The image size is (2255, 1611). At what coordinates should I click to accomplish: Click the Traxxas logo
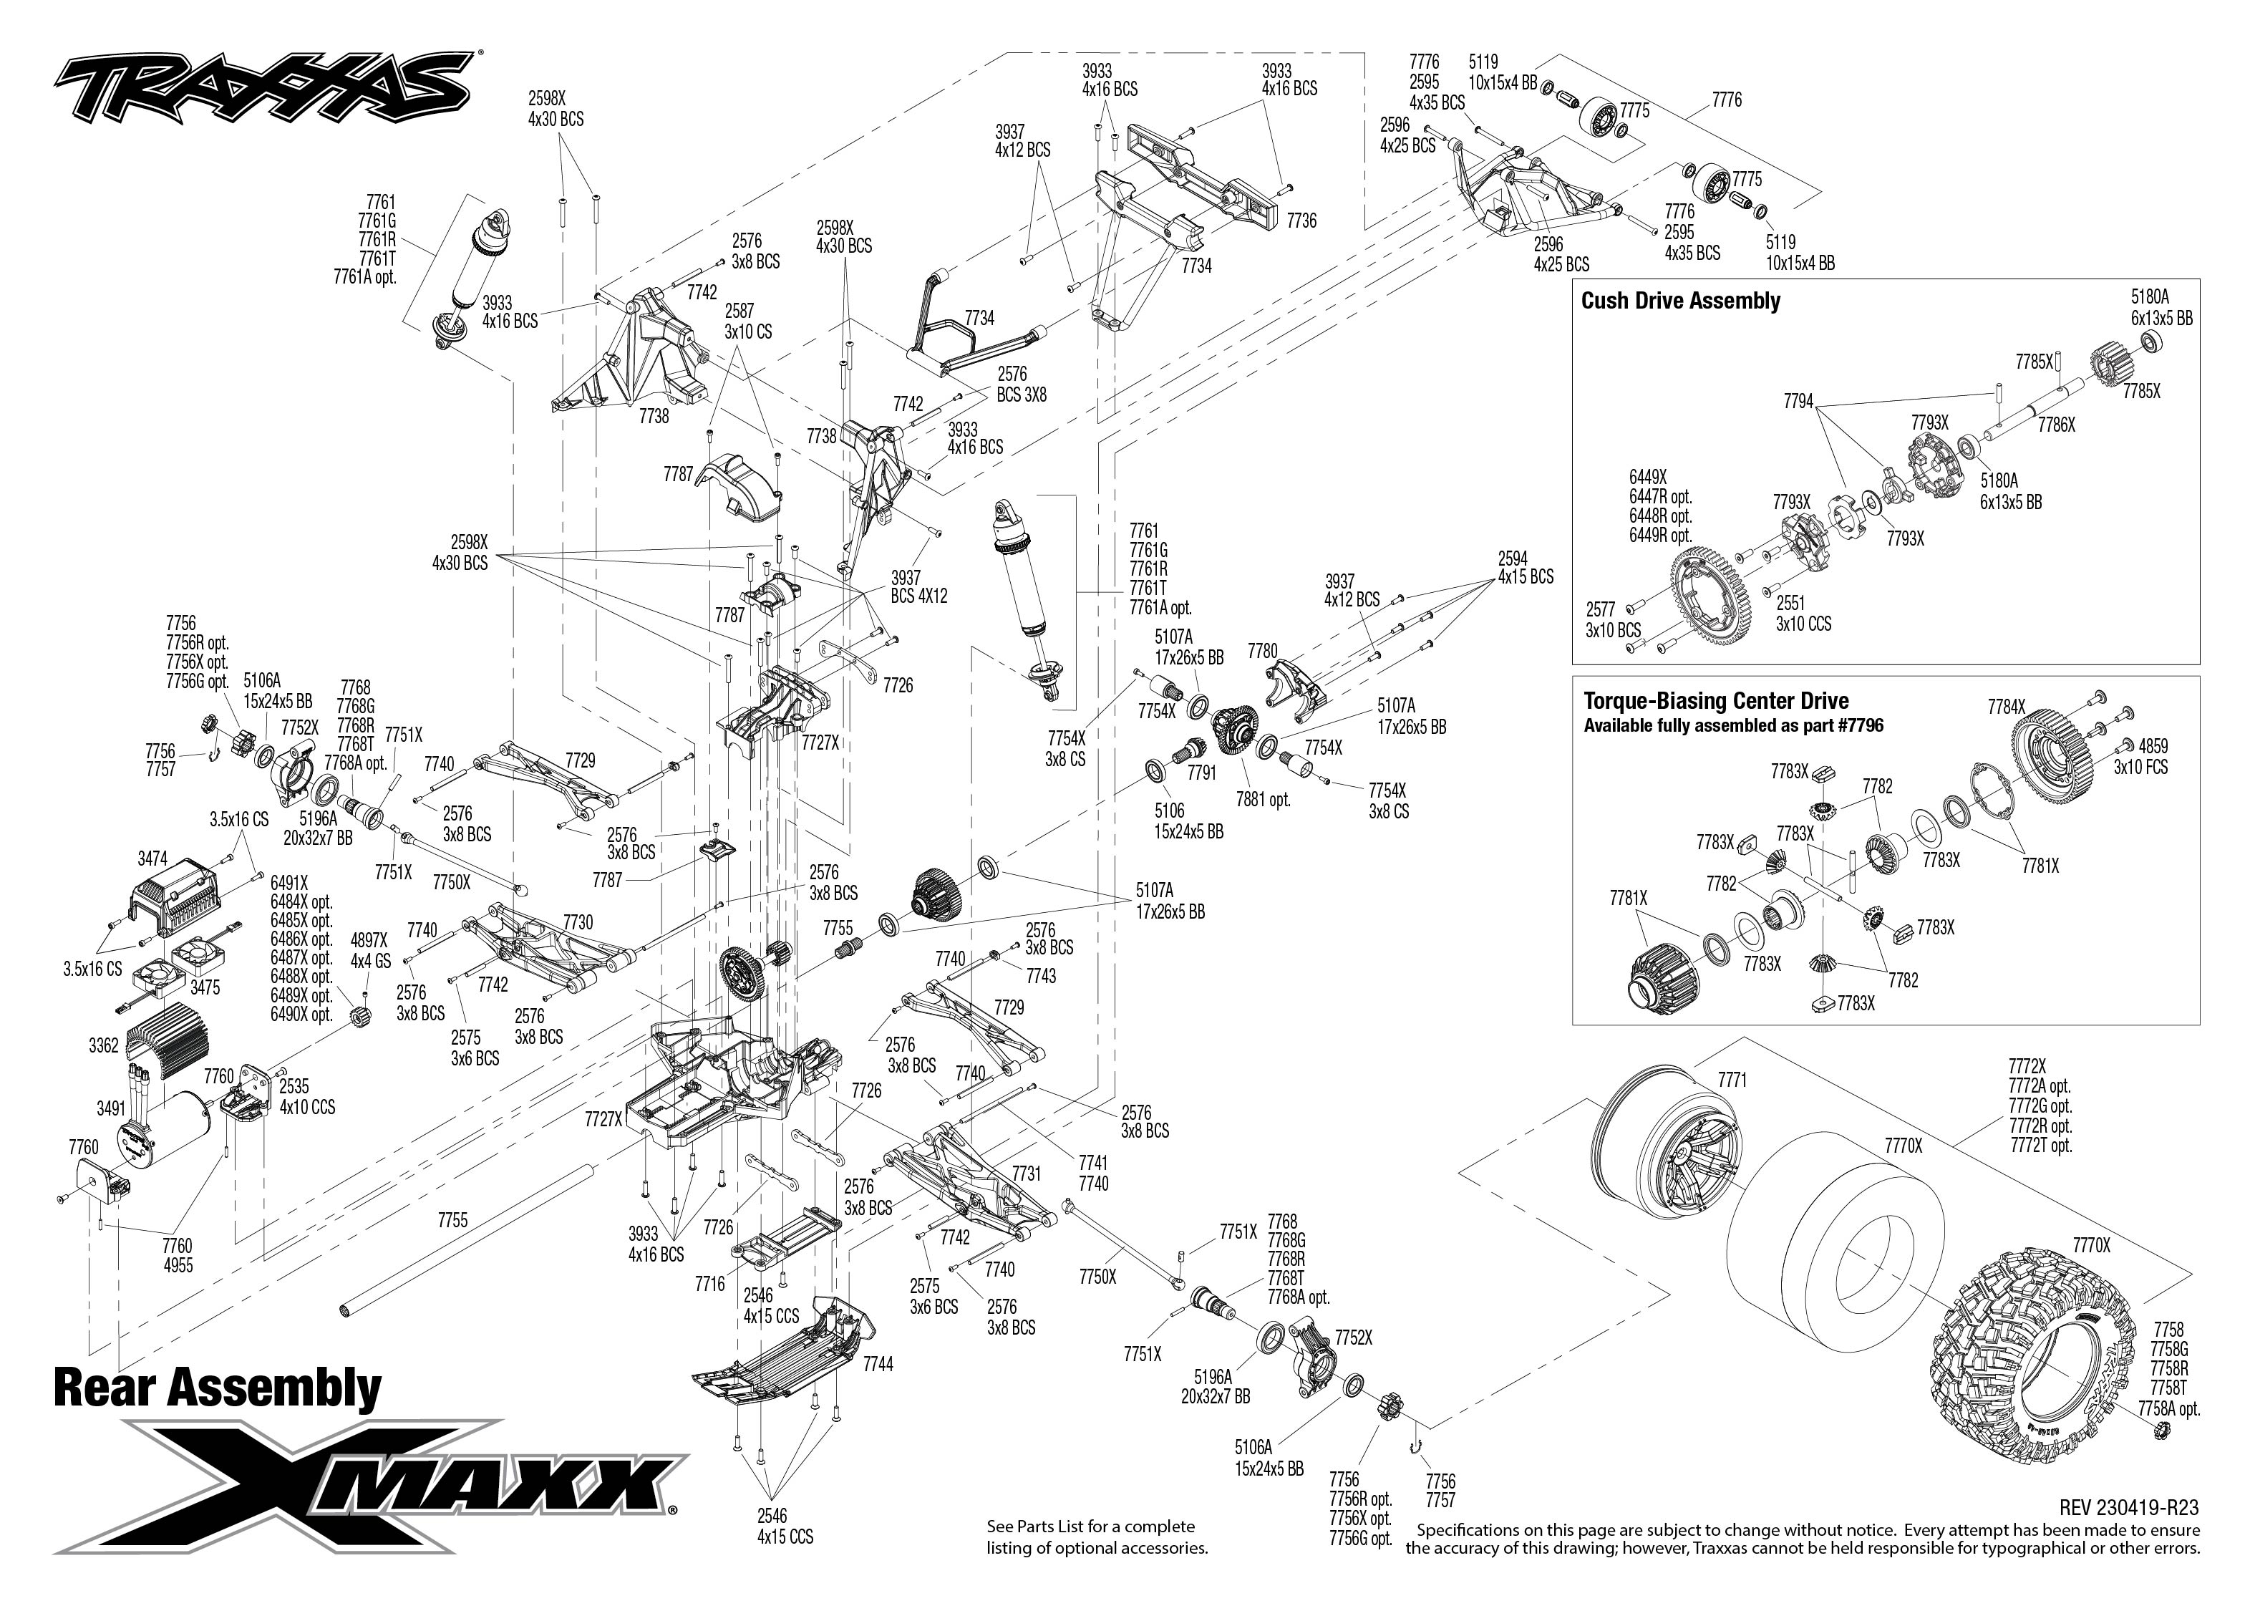point(263,89)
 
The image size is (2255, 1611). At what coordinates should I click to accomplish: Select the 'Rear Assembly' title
point(217,1387)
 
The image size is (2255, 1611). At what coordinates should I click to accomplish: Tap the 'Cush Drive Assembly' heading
point(1680,301)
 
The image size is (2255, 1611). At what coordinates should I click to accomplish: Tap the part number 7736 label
point(1301,221)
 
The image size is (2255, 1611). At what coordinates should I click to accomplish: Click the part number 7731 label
point(1027,1174)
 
